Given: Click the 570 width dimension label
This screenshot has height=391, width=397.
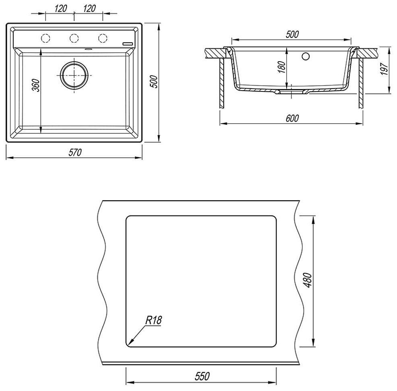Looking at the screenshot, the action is click(75, 153).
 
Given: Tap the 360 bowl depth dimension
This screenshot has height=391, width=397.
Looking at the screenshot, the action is click(36, 85).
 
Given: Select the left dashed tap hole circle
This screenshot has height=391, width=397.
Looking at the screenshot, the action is click(46, 38).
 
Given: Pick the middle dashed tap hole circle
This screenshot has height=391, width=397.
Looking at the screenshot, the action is click(74, 38).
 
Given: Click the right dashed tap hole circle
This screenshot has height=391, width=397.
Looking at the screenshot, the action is click(102, 38).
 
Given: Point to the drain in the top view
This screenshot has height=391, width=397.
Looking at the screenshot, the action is click(74, 75).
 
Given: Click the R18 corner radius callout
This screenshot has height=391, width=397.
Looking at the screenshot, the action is click(154, 320).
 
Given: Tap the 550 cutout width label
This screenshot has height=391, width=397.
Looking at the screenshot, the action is click(202, 377).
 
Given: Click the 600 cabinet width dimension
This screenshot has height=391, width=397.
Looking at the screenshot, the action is click(292, 118).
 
